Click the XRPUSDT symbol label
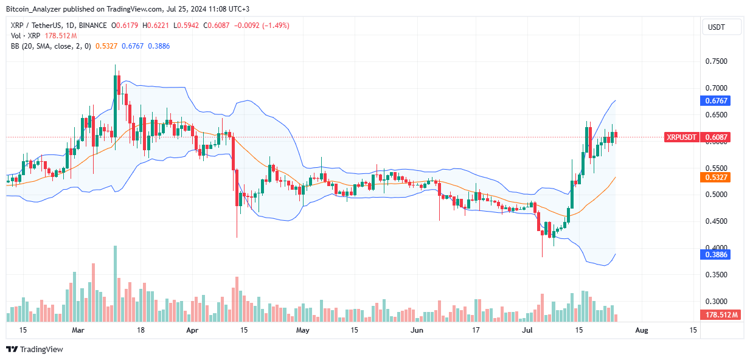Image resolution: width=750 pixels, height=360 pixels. coord(681,137)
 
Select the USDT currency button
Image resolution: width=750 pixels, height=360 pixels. coord(721,27)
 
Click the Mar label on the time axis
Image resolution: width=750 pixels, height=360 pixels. coord(78,330)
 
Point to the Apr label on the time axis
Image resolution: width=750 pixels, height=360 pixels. coord(192,330)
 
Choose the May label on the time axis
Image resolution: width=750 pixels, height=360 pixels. coord(302,330)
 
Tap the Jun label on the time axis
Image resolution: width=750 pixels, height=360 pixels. coord(417,330)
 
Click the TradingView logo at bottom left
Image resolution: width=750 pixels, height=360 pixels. coord(35,349)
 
